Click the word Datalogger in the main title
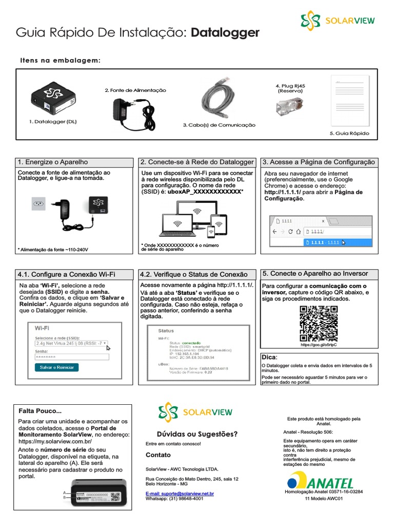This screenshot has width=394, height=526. coord(225,33)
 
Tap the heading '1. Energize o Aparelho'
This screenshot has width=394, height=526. coord(53,162)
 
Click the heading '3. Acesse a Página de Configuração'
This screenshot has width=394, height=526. coord(319,162)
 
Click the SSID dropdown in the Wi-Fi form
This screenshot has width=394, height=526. coord(71,343)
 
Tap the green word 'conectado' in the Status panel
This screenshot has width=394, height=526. coord(191,343)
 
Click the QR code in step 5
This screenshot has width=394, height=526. coord(319,323)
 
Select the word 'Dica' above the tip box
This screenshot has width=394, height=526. coord(269,357)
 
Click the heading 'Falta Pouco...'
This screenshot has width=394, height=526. coord(40,411)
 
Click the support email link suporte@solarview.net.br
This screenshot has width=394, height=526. coord(180,493)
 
